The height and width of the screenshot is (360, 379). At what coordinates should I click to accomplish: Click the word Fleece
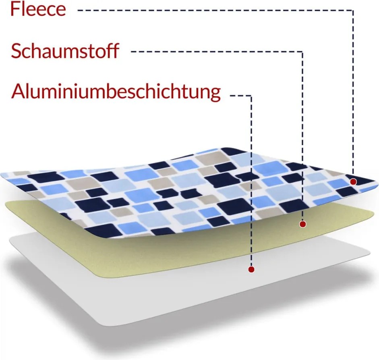(x=38, y=9)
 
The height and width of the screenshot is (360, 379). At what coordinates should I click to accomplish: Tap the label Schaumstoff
(x=65, y=51)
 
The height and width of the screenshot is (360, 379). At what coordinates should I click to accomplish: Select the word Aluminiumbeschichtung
(x=116, y=92)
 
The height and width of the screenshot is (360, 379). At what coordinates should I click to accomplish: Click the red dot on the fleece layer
(x=353, y=181)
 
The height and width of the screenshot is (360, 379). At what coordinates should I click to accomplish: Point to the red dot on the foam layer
(x=302, y=224)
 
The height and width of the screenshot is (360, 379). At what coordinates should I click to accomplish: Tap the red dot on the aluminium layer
(x=251, y=269)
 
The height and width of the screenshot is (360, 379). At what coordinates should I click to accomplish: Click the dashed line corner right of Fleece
(x=353, y=10)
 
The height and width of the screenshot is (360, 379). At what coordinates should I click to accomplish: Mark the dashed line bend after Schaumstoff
(x=302, y=52)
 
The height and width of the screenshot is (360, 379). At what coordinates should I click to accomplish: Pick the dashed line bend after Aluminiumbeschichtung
(x=251, y=96)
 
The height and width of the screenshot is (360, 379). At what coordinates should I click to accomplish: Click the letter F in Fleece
(x=15, y=9)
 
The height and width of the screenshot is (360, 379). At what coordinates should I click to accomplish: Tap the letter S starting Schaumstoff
(x=16, y=51)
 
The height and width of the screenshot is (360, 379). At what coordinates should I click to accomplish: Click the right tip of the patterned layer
(x=377, y=183)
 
